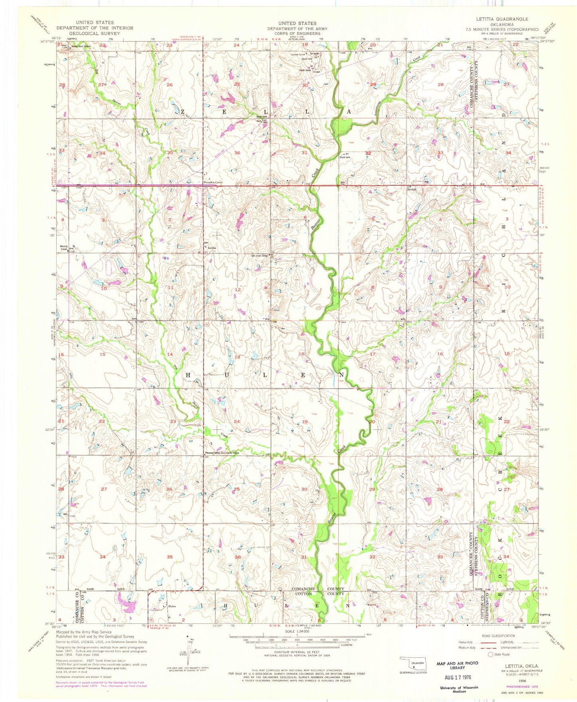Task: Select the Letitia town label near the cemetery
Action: coord(212,248)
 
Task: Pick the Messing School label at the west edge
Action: coord(64,248)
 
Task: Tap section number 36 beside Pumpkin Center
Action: coord(238,153)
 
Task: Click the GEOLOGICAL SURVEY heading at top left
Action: coord(94,34)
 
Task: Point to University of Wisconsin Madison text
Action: coord(459,690)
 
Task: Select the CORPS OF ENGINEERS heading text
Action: coord(297,34)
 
